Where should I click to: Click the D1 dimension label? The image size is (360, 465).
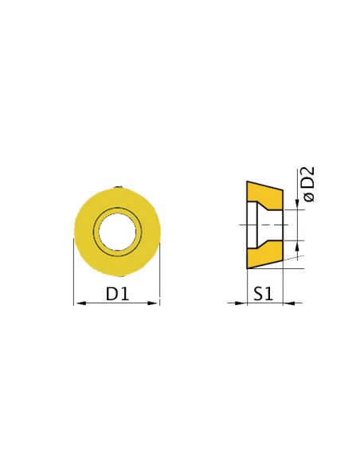pyautogui.click(x=117, y=294)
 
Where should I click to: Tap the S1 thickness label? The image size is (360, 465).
pyautogui.click(x=263, y=294)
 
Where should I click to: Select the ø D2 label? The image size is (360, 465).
pyautogui.click(x=308, y=184)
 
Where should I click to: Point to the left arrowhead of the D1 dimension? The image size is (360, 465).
pyautogui.click(x=80, y=303)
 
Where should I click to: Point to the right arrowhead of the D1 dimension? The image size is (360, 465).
pyautogui.click(x=153, y=303)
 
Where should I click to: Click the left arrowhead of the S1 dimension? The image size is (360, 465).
pyautogui.click(x=241, y=303)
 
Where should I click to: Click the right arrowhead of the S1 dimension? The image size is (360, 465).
pyautogui.click(x=289, y=303)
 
